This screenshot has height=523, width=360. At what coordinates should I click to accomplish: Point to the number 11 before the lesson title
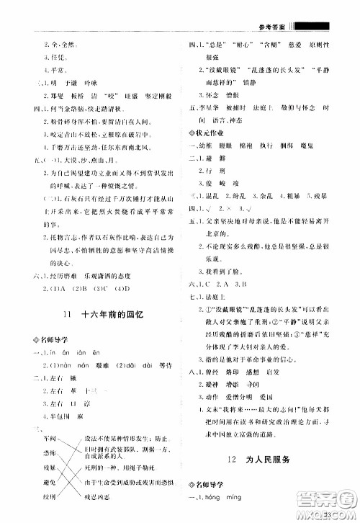pyautogui.click(x=67, y=315)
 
